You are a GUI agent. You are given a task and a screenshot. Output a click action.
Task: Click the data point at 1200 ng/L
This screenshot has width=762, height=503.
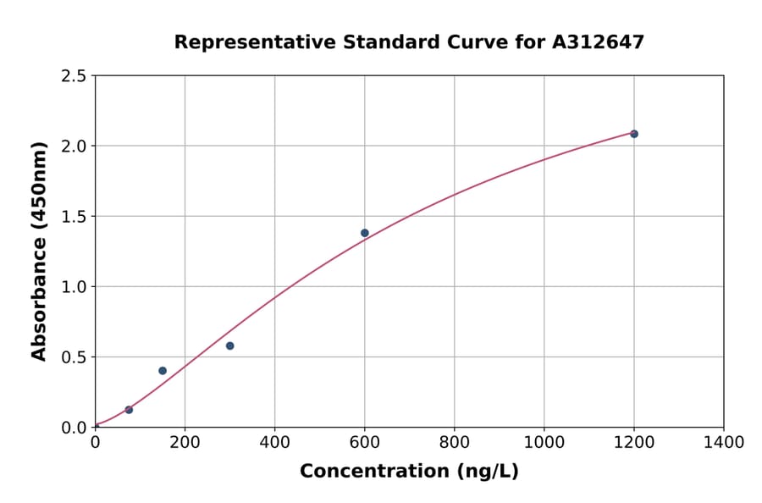pos(633,134)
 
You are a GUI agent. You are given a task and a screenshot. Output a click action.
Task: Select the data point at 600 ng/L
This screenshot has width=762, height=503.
pos(365,233)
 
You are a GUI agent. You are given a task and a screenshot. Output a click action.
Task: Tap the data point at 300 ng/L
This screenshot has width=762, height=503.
pos(229,345)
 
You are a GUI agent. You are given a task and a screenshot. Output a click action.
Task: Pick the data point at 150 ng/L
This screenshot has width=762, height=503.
pos(163,371)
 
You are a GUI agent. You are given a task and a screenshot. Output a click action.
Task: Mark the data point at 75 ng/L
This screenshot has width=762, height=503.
pos(129,410)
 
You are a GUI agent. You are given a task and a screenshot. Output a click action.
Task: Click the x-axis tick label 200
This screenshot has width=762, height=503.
pos(185,443)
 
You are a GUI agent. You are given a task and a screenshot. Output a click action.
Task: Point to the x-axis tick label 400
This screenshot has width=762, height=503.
pos(274,443)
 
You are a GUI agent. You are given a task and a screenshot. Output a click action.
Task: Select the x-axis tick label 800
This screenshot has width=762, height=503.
pos(454,443)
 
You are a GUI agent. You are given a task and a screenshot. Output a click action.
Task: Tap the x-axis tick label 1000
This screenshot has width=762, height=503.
pos(544,443)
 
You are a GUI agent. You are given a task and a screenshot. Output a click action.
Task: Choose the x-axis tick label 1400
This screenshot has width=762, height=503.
pos(723,443)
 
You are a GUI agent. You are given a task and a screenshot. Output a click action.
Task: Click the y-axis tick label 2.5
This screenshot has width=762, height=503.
pos(75,76)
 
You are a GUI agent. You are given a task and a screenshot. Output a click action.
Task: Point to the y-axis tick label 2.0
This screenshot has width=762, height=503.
pos(75,146)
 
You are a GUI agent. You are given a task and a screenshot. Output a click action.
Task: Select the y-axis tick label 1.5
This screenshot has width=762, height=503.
pos(75,217)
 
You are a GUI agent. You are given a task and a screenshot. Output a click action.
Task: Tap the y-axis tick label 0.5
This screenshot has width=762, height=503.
pos(75,357)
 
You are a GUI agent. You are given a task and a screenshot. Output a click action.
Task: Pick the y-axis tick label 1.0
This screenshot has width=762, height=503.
pos(75,287)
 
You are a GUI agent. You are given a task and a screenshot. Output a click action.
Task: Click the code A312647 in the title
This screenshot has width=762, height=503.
pos(599,42)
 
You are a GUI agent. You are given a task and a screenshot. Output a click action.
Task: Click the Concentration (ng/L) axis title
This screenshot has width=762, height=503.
pos(409,472)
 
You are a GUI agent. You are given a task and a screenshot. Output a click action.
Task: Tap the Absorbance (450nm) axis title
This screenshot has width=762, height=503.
pos(39,251)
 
